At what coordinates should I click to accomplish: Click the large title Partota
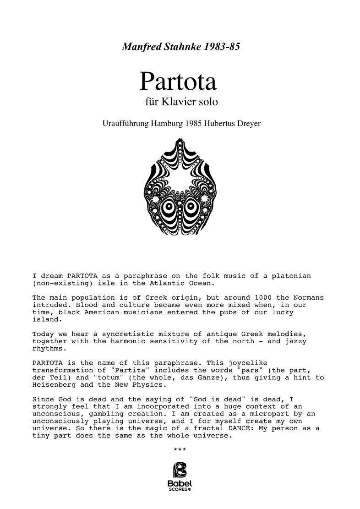178,82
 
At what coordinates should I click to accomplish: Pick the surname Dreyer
247,124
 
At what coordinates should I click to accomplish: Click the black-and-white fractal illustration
180,187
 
